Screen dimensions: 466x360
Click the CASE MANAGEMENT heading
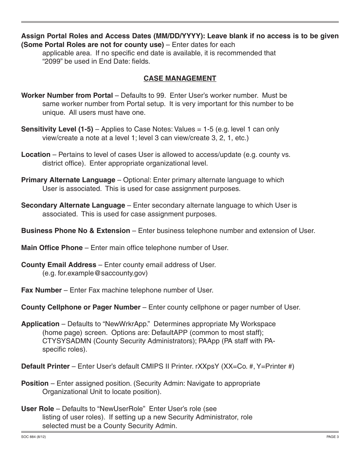(x=180, y=78)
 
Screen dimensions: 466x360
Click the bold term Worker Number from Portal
(x=67, y=95)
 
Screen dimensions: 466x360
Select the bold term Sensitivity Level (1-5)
(x=57, y=129)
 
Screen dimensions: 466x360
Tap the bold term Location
(x=36, y=155)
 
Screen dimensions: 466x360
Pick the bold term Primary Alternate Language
(x=68, y=180)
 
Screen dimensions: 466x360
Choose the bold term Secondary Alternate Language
(x=73, y=205)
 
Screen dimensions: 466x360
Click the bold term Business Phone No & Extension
(x=75, y=231)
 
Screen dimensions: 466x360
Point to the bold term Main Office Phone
(x=52, y=248)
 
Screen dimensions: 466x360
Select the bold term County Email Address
(x=59, y=265)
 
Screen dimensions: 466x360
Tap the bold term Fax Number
(x=41, y=290)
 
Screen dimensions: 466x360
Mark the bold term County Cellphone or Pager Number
(x=81, y=307)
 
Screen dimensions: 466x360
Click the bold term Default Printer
(x=45, y=366)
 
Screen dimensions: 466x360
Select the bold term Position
(x=35, y=383)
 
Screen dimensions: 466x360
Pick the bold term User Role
(x=38, y=409)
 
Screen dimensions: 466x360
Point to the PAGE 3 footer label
(x=332, y=437)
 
